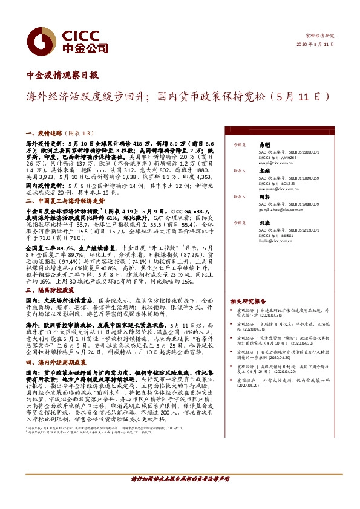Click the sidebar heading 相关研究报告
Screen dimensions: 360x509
[x=248, y=300]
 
